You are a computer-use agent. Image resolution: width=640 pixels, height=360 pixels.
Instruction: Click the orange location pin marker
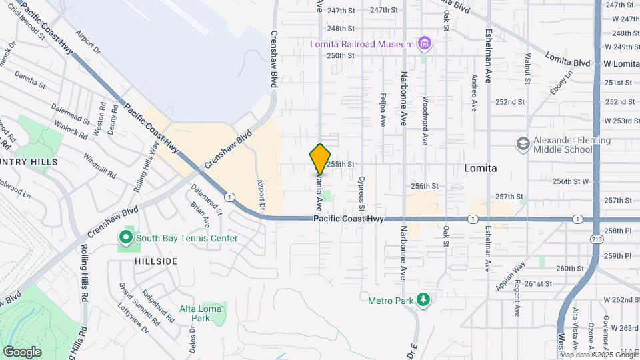(320, 159)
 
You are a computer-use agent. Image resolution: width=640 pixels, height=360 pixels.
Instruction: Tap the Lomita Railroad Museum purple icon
(424, 45)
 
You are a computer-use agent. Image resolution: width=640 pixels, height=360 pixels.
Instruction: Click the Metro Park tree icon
(423, 300)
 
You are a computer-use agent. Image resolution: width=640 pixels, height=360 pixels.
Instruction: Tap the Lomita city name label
(480, 169)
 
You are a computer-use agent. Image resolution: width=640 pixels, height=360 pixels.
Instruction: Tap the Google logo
(22, 351)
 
